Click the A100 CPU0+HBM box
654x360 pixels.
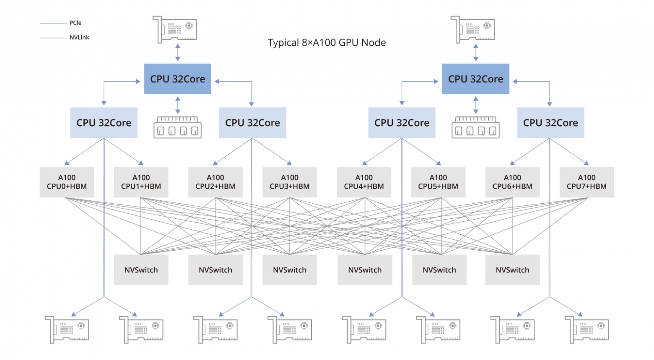click(x=67, y=182)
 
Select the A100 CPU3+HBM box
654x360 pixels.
click(x=290, y=182)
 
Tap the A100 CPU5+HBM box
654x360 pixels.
click(x=438, y=182)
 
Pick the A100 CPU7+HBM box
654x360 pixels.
click(x=587, y=182)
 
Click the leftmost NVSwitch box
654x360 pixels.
click(x=141, y=270)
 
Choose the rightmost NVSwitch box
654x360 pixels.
click(x=512, y=270)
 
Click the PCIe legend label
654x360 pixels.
click(x=75, y=23)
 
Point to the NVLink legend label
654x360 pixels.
click(x=79, y=37)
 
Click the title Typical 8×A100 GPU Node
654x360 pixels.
click(x=327, y=43)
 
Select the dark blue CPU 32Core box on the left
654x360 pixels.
click(x=177, y=79)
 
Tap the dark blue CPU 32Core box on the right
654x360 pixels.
click(x=475, y=79)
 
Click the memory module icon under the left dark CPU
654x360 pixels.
click(x=177, y=127)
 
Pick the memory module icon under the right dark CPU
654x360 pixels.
click(x=475, y=127)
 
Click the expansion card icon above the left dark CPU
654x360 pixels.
click(x=175, y=29)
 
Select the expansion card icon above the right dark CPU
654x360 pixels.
click(x=473, y=29)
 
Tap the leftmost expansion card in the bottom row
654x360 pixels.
click(x=67, y=330)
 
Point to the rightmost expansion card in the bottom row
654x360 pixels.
click(x=587, y=330)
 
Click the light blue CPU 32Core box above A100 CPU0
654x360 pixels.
click(x=104, y=123)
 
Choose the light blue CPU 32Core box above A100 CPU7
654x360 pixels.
click(x=550, y=123)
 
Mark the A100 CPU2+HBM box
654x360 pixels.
click(x=215, y=182)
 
